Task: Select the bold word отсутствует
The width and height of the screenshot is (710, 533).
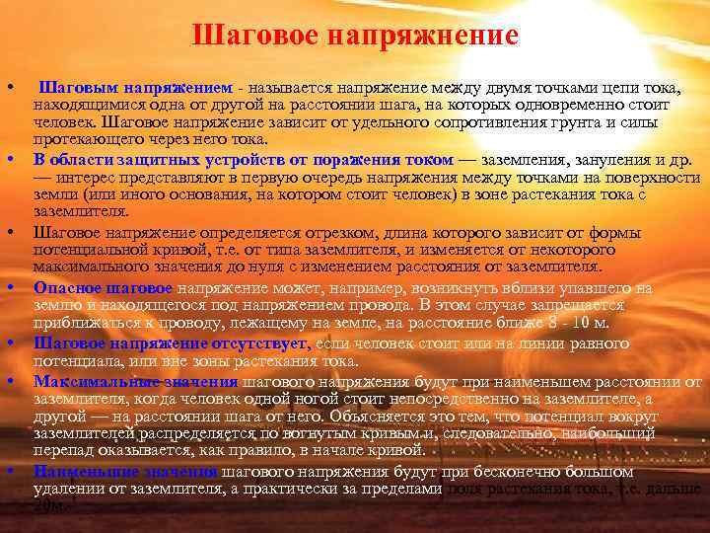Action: tap(263, 343)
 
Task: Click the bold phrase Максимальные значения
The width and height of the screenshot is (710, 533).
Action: tap(135, 380)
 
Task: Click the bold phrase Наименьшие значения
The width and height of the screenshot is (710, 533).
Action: tap(126, 471)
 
